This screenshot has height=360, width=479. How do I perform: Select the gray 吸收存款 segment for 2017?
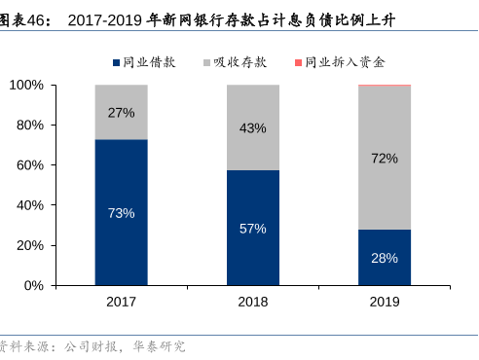coord(121,112)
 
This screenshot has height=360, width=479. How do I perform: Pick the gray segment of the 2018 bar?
coord(252,127)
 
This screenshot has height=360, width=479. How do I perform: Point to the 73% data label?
coord(121,213)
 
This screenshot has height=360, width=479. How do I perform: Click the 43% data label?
coord(252,128)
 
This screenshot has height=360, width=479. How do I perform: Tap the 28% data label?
coord(385,258)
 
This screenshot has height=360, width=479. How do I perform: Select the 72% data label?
coord(385,158)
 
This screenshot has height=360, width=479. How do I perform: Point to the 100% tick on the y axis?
coord(28,86)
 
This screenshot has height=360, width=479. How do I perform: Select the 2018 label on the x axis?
coord(252,302)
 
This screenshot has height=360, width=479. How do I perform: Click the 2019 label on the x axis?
coord(385,302)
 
